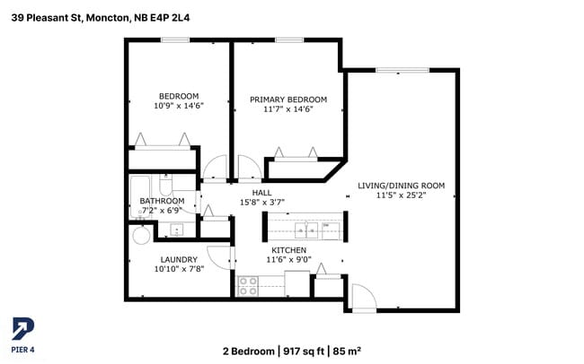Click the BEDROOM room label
click(x=179, y=96)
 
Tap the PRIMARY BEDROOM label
click(x=288, y=99)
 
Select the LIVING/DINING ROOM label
click(x=401, y=186)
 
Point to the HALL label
click(x=261, y=193)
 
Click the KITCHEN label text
click(x=288, y=249)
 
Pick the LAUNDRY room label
click(x=179, y=259)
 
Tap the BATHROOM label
click(x=163, y=201)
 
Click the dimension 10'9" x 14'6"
click(x=179, y=106)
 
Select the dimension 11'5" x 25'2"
click(x=401, y=195)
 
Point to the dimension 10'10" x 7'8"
click(x=179, y=269)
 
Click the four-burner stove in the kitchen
click(x=248, y=286)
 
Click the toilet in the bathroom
click(x=165, y=186)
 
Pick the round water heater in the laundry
click(x=141, y=236)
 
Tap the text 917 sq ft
click(x=304, y=351)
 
